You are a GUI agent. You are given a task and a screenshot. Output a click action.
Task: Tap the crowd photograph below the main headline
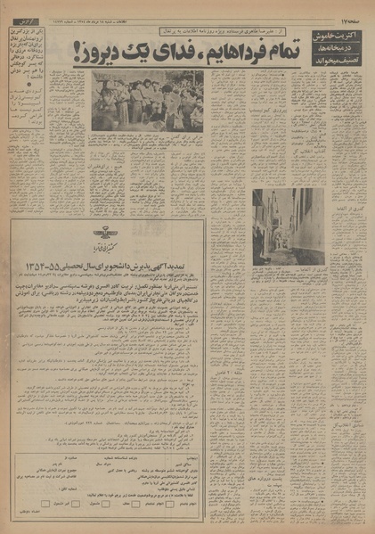(147, 100)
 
